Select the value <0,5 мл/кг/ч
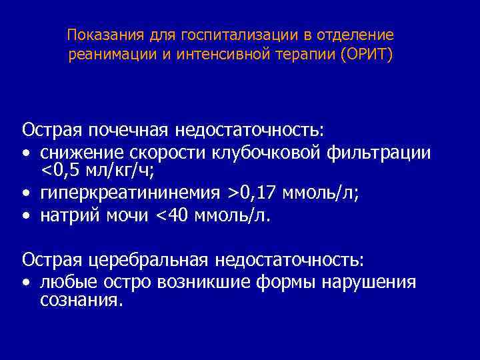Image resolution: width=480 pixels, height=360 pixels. tap(97, 173)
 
